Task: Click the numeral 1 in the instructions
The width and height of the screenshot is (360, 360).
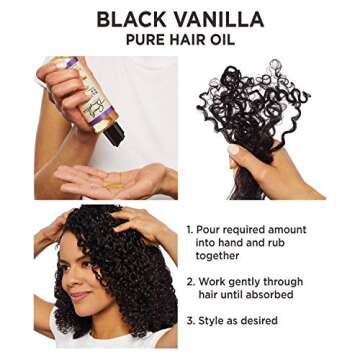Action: [x=190, y=230]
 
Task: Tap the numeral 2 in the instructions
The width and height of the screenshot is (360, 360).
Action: [x=190, y=283]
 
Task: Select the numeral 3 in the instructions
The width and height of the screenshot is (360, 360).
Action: [x=190, y=322]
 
